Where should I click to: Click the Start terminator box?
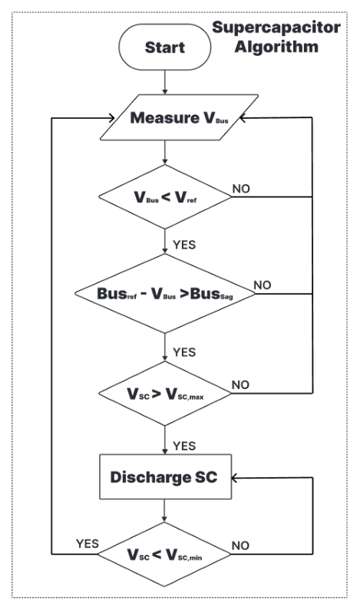click(164, 47)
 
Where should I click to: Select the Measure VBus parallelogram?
click(179, 117)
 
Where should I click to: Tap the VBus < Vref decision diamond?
click(165, 197)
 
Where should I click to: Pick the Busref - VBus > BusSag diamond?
click(165, 293)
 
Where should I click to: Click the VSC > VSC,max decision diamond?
click(165, 394)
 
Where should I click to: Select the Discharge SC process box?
click(165, 476)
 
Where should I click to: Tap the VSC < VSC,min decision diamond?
click(164, 554)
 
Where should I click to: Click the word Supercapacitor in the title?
click(276, 28)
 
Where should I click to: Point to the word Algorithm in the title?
click(276, 47)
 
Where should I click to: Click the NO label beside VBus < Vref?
click(241, 189)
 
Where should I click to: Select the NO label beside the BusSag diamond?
click(263, 285)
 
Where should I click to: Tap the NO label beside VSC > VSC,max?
click(240, 384)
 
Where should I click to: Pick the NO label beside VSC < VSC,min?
click(240, 546)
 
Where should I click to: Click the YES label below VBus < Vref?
click(184, 245)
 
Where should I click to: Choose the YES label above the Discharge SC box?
click(184, 446)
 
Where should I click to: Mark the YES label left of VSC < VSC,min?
click(88, 543)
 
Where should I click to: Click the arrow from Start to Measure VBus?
click(164, 82)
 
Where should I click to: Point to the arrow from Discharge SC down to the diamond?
click(164, 510)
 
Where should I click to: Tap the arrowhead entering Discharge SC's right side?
click(235, 477)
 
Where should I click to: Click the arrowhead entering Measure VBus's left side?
click(111, 117)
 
